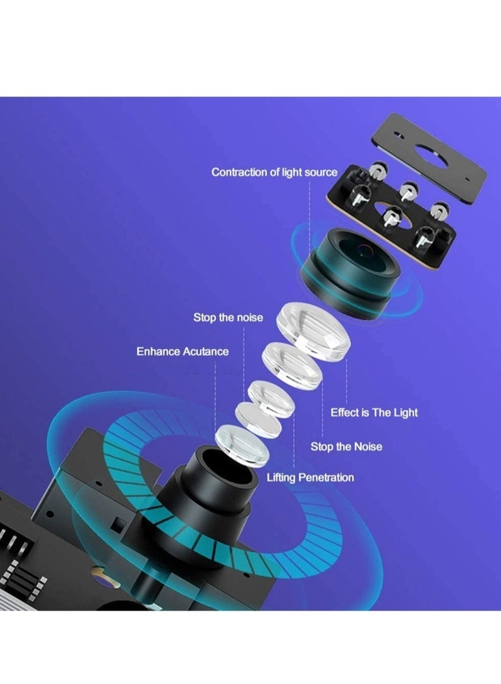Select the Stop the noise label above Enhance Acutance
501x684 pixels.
[x=228, y=318]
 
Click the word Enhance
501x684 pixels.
[x=158, y=351]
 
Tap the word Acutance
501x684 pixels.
[x=206, y=351]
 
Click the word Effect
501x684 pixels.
[x=346, y=413]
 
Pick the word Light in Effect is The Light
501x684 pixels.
[x=405, y=413]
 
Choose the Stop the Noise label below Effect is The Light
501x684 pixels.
[x=346, y=447]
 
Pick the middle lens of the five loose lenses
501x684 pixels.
[x=271, y=399]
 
